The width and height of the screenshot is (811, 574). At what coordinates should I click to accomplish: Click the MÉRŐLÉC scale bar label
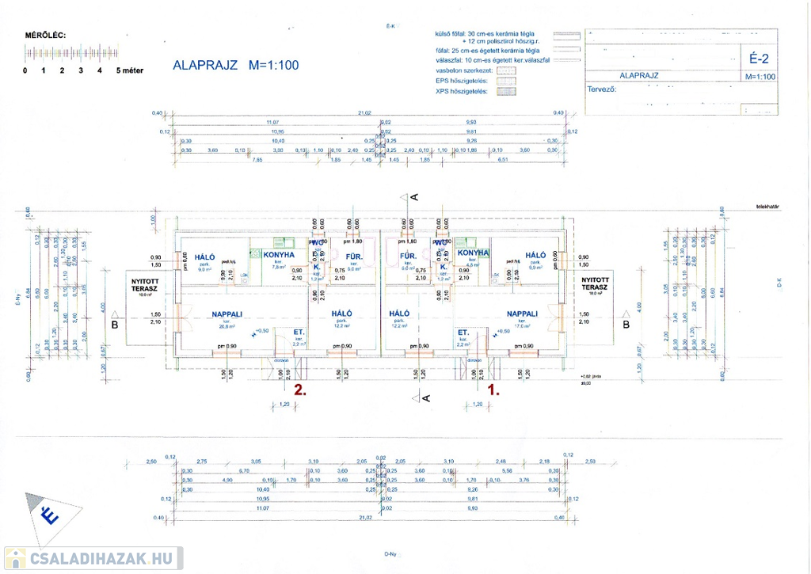coord(46,36)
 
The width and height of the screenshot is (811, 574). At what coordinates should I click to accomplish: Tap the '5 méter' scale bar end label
coord(129,70)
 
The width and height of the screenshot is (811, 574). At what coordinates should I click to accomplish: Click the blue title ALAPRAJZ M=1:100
coord(235,66)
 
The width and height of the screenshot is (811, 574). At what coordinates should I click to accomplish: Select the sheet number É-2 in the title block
coord(759,58)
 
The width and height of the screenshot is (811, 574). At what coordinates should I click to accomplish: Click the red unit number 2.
coord(299,390)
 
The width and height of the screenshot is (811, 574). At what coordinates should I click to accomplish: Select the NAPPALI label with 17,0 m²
coord(523,314)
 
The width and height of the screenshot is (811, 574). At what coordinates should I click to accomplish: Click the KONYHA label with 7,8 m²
coord(279,255)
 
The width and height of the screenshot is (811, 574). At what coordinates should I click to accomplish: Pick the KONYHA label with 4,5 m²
coord(473,252)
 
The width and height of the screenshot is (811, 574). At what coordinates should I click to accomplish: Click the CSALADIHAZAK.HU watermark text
coord(100,558)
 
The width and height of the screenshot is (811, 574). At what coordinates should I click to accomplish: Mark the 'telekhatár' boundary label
coord(767,206)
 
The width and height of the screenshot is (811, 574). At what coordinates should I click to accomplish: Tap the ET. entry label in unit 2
coord(299,333)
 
